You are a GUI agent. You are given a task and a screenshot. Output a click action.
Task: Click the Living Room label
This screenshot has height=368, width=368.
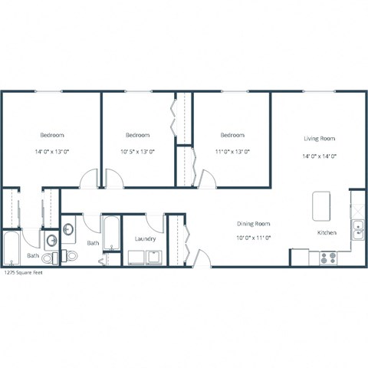point(319,139)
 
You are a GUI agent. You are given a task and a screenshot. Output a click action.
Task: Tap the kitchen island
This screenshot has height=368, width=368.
point(320,205)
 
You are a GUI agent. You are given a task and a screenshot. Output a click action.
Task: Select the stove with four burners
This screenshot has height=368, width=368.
point(328,258)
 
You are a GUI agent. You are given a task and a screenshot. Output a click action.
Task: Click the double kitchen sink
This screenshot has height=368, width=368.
point(357,227)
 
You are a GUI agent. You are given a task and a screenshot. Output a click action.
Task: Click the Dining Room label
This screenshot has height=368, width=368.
point(253,223)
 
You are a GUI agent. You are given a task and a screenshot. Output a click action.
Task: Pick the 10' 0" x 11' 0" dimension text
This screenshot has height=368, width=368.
point(253,237)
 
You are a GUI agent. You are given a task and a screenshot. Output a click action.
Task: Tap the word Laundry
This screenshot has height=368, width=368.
point(145,238)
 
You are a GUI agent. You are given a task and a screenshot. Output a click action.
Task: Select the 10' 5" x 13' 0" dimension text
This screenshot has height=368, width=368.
point(138,152)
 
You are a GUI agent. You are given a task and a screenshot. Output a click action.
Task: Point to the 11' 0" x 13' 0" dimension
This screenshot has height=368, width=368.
point(232,152)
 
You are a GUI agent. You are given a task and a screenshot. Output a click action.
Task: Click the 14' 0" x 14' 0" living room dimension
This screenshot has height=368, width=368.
point(319,156)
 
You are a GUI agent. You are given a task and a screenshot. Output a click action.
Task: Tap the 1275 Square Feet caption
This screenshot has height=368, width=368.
point(22,272)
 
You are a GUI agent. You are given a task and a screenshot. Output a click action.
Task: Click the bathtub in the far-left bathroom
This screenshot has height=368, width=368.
point(12,247)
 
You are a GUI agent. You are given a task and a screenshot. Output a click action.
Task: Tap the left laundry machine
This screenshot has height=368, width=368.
point(136,258)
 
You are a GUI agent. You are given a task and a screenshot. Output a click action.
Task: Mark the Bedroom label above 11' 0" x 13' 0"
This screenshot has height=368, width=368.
point(232,135)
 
